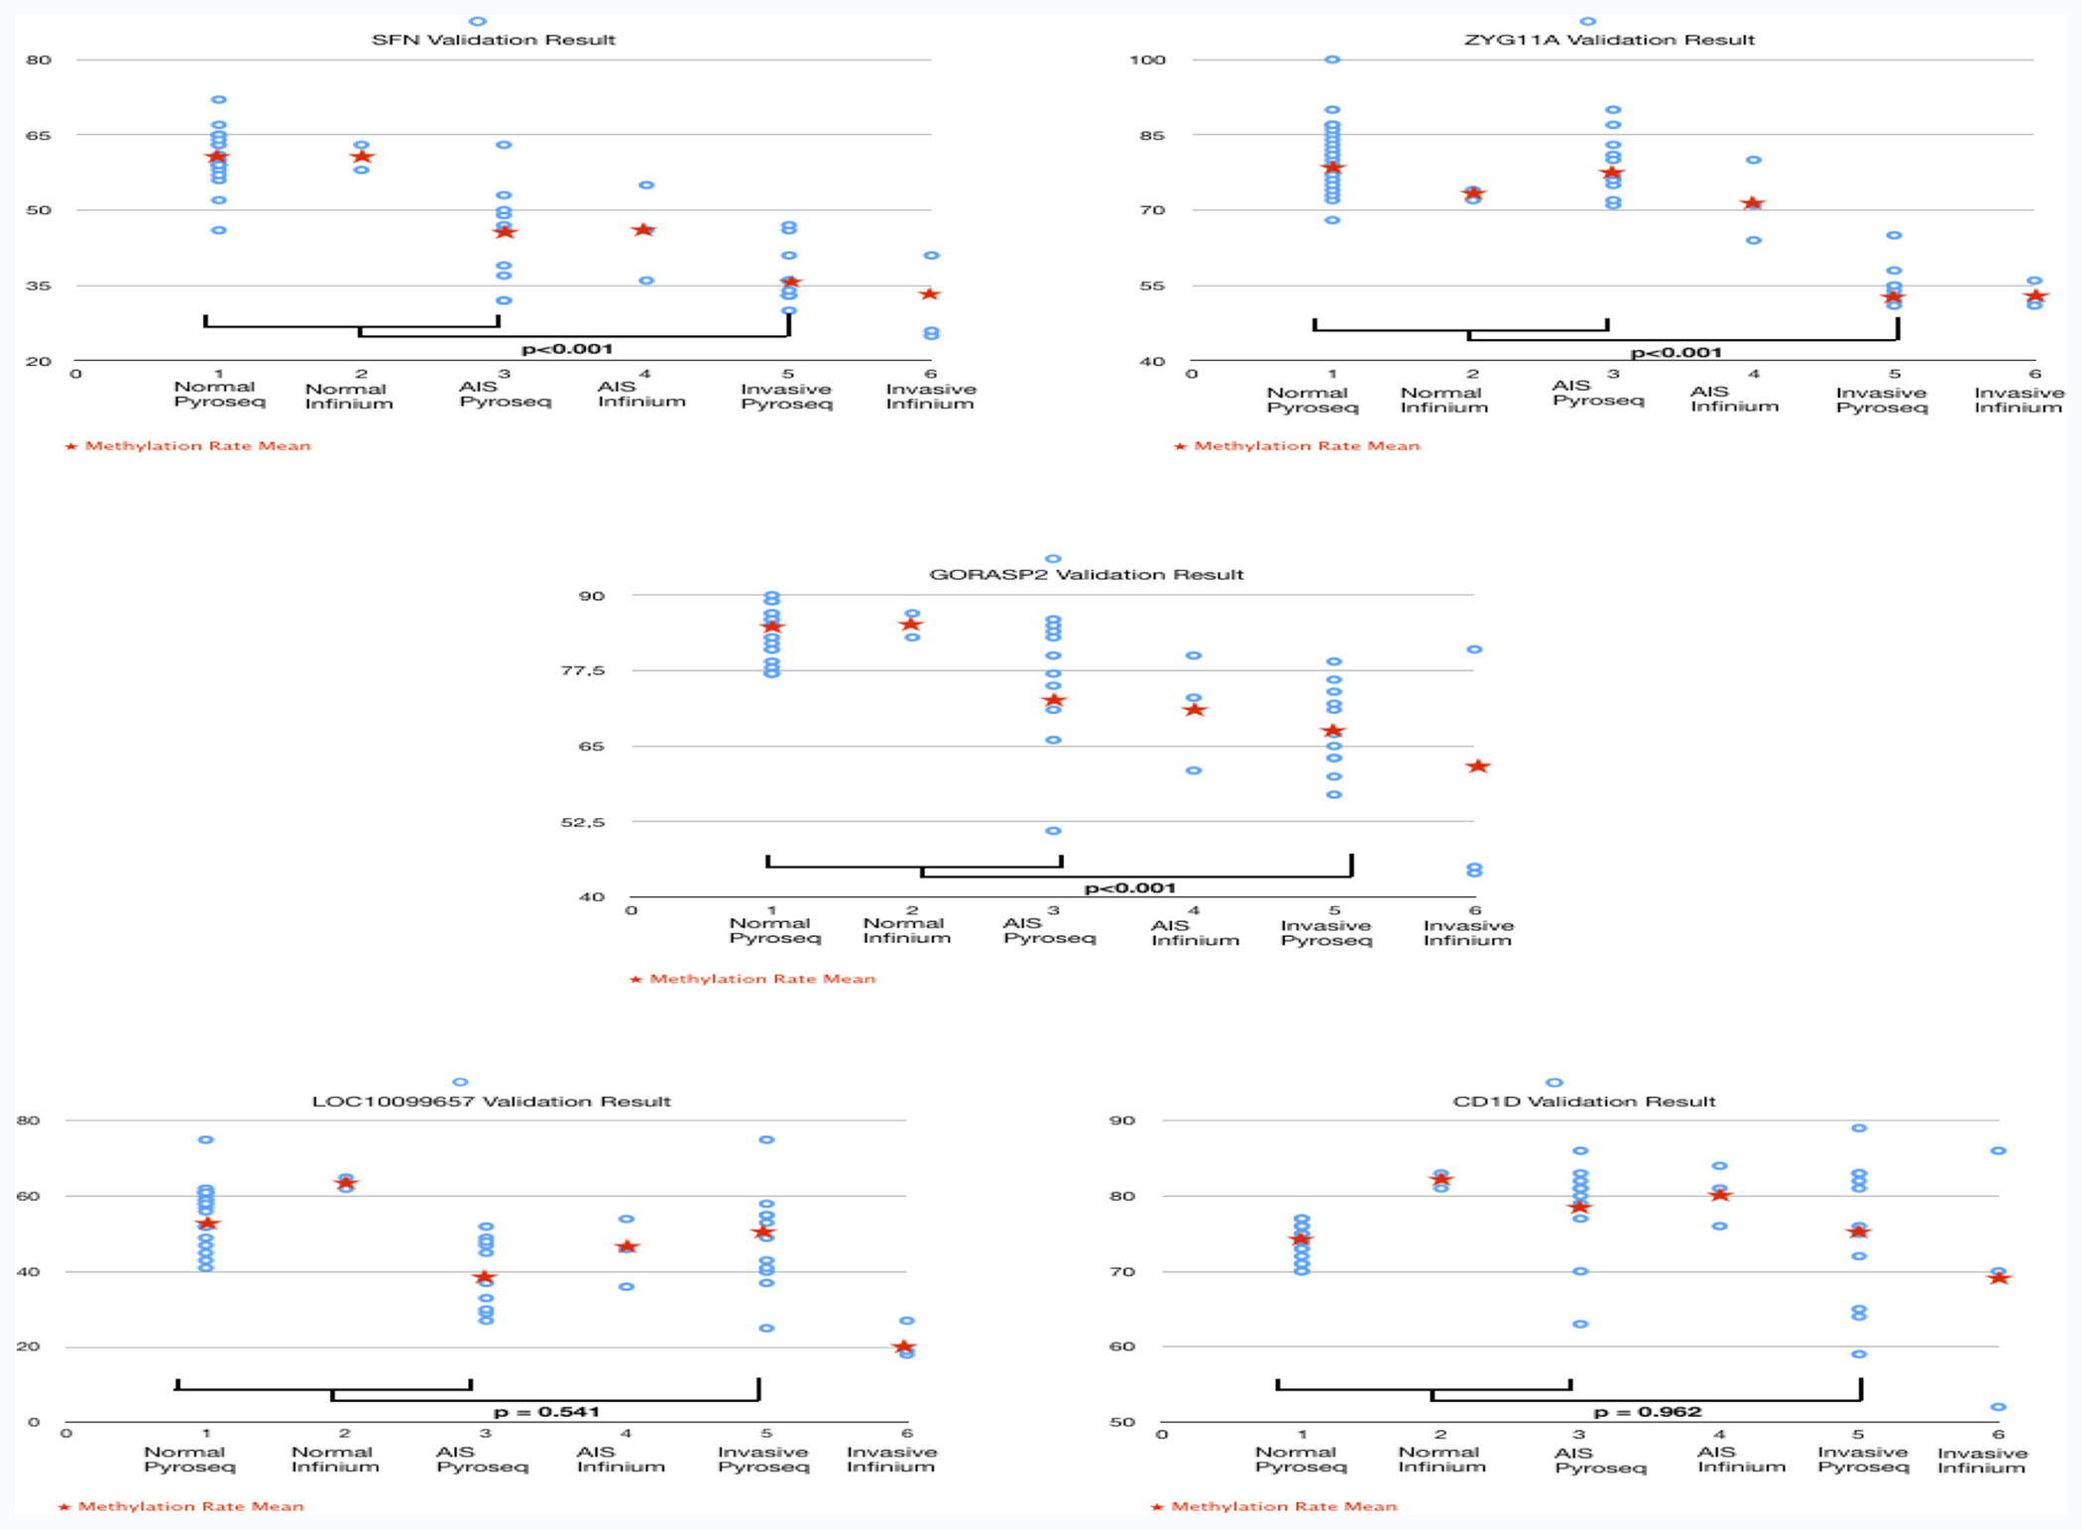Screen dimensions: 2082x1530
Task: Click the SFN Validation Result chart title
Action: pyautogui.click(x=494, y=40)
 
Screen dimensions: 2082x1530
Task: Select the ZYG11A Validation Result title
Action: pyautogui.click(x=1609, y=40)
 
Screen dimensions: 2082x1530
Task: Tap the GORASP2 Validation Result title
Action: pyautogui.click(x=1086, y=574)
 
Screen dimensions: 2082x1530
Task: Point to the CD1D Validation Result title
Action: pyautogui.click(x=1583, y=1101)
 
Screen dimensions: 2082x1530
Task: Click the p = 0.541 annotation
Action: pyautogui.click(x=546, y=1411)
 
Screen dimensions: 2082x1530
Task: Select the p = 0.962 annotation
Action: pyautogui.click(x=1647, y=1411)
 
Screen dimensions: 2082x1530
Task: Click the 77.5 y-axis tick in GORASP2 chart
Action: pyautogui.click(x=582, y=670)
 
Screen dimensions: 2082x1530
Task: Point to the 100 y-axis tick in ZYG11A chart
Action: pyautogui.click(x=1148, y=59)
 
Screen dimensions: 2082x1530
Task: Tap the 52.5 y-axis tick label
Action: pyautogui.click(x=582, y=821)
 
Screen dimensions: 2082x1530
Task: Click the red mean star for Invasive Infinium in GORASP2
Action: pyautogui.click(x=1477, y=765)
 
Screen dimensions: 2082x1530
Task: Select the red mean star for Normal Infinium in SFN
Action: pyautogui.click(x=362, y=156)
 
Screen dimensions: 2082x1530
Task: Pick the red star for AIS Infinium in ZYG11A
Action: pyautogui.click(x=1753, y=203)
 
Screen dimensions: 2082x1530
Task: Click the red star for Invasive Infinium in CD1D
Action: pyautogui.click(x=2000, y=1277)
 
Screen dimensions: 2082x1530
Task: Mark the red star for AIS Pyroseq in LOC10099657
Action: pyautogui.click(x=484, y=1277)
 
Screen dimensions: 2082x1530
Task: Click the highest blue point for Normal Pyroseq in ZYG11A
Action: pyautogui.click(x=1332, y=59)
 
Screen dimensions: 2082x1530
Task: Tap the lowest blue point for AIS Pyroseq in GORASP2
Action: pyautogui.click(x=1053, y=831)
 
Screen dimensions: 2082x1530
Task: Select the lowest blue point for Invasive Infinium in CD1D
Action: pyautogui.click(x=1999, y=1407)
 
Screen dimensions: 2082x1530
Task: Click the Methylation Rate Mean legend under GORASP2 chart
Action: pyautogui.click(x=752, y=979)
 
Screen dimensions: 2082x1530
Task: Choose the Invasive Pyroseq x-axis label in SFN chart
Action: pyautogui.click(x=786, y=396)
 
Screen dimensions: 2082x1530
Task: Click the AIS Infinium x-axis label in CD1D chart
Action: pyautogui.click(x=1741, y=1459)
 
